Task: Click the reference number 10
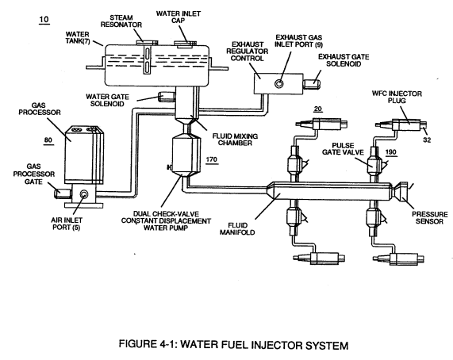tap(44, 20)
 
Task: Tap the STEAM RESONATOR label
tap(121, 21)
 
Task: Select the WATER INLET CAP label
tap(179, 17)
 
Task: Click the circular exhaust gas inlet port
tap(278, 84)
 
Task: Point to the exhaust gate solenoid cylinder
tap(313, 83)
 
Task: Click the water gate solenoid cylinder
tap(167, 96)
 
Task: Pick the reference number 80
tap(48, 140)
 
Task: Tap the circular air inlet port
tap(84, 194)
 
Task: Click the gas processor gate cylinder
tap(63, 193)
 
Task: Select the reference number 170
tap(212, 159)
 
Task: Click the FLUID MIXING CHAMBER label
tap(235, 140)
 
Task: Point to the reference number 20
tap(318, 109)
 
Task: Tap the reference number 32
tap(427, 140)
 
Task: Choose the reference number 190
tap(391, 152)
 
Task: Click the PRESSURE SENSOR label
tap(430, 218)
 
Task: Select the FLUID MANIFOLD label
tap(237, 228)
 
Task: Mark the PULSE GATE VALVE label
tap(343, 149)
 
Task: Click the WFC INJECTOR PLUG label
tap(397, 97)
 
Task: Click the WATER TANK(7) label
tap(78, 38)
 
